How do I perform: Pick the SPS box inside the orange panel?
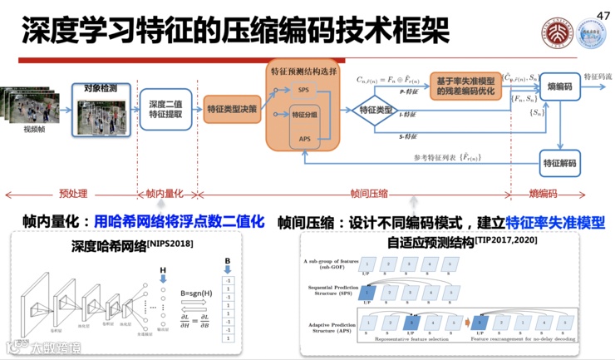coord(305,89)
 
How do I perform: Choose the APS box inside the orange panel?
coord(305,140)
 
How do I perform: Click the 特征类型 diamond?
coord(376,109)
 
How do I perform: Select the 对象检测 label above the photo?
coord(103,87)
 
